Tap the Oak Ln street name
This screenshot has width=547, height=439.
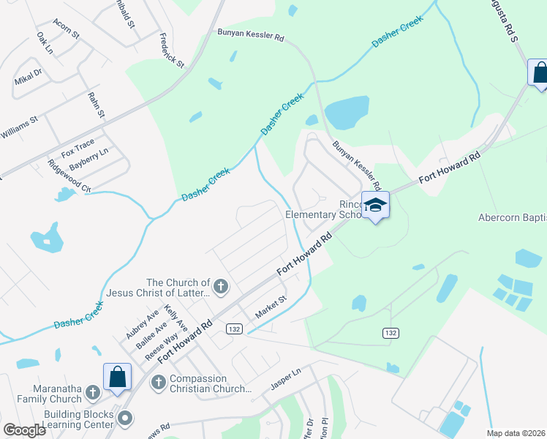(x=45, y=43)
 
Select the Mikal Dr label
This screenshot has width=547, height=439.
(x=28, y=77)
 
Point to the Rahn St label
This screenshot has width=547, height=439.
(x=97, y=105)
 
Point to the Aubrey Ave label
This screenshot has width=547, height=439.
(x=142, y=322)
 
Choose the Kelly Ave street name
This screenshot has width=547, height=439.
(x=176, y=318)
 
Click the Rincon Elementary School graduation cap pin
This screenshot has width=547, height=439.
(x=375, y=206)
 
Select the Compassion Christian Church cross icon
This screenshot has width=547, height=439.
(x=158, y=382)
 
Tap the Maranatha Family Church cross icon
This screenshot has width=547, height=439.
(x=92, y=393)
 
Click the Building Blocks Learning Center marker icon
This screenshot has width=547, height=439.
(x=125, y=419)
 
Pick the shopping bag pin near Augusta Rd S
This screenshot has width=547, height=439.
(x=539, y=72)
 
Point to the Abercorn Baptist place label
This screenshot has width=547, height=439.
(x=512, y=217)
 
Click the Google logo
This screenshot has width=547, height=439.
(x=25, y=430)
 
